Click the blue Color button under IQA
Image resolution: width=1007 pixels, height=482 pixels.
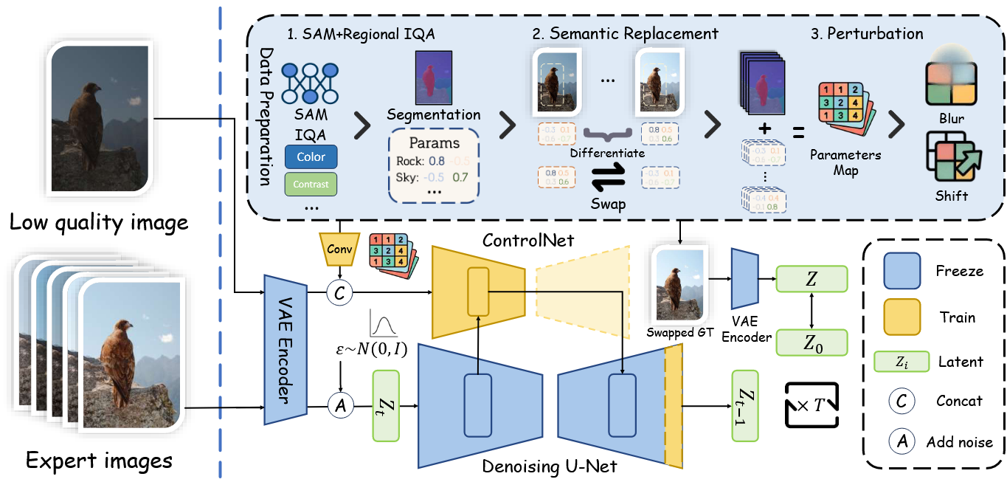[x=311, y=156]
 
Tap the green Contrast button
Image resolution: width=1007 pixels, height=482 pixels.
[x=311, y=184]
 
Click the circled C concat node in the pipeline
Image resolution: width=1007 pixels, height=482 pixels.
[x=340, y=293]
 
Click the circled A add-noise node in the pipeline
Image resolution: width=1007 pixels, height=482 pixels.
[x=340, y=404]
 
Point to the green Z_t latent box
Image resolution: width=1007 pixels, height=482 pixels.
[x=386, y=405]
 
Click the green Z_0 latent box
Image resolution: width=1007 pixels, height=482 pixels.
[x=812, y=342]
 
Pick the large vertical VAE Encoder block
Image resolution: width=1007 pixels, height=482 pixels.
[x=286, y=349]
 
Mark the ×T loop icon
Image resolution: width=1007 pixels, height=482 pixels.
[x=812, y=404]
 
